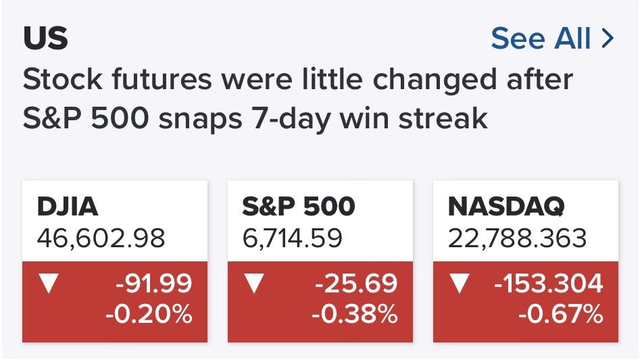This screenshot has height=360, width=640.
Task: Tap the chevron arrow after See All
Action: [608, 38]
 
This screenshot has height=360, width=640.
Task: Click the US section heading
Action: [45, 38]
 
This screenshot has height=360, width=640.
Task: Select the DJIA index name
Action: [68, 206]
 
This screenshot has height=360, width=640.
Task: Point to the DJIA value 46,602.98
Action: [101, 238]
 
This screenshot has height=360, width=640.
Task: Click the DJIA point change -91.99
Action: [153, 283]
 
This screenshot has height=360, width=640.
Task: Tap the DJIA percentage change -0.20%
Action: [149, 314]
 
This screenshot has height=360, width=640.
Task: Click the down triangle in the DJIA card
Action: [49, 283]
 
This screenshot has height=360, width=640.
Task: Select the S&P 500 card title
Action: [298, 206]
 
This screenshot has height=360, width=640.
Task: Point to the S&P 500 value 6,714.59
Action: [292, 238]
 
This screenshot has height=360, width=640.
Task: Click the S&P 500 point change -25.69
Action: [356, 283]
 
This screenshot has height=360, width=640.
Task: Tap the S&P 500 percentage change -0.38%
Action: [354, 314]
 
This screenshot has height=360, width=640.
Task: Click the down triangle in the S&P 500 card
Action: [254, 283]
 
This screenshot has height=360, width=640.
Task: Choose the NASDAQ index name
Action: [506, 206]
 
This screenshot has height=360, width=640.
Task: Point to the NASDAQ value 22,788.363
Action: [517, 238]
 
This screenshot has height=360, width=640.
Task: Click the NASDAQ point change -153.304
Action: [548, 283]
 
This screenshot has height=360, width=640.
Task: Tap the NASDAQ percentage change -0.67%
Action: [560, 314]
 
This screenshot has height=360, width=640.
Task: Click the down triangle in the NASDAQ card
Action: [459, 283]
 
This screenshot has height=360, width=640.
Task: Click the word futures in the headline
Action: [162, 79]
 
